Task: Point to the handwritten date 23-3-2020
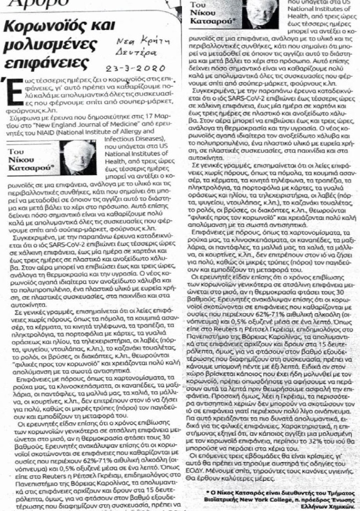point(135,69)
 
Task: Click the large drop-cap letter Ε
point(10,90)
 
